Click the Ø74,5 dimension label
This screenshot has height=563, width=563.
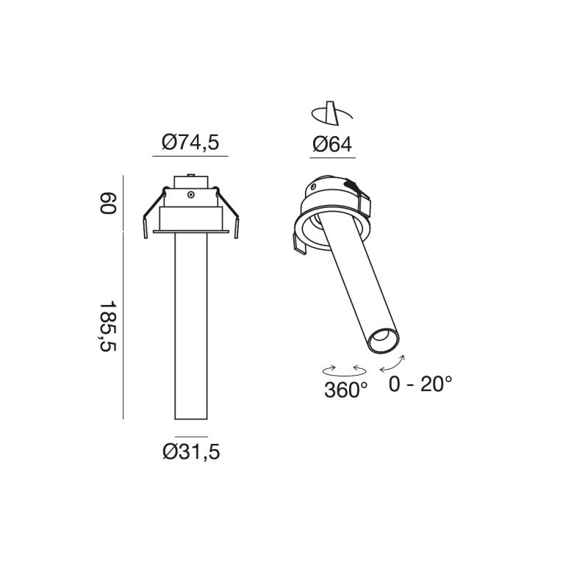190,143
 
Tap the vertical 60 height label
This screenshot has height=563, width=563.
108,204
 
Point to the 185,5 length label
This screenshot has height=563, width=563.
108,326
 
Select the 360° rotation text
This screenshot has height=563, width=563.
345,390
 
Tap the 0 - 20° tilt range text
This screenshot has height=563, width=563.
420,384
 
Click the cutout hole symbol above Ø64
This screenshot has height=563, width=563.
331,113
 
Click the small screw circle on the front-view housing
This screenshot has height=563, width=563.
190,195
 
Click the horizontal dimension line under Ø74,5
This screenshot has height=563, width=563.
190,157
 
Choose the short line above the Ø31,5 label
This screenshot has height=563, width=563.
190,437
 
